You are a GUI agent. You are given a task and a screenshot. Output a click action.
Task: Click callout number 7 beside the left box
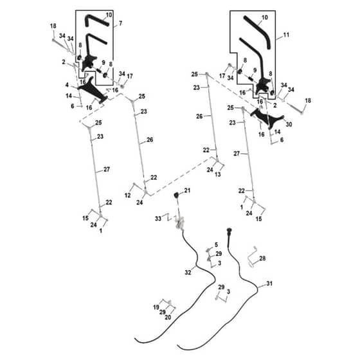coord(120,23)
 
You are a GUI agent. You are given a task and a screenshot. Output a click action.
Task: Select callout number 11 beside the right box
coord(286,35)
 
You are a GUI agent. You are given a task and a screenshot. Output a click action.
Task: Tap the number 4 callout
coord(67,85)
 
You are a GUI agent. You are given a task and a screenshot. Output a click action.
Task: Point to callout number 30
coord(289,124)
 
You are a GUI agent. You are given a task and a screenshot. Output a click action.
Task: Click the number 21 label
coord(187,190)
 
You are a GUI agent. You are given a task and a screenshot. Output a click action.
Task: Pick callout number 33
coord(158,219)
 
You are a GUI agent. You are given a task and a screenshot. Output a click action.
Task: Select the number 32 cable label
coord(188,273)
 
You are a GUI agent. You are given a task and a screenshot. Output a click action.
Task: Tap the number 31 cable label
coord(269,283)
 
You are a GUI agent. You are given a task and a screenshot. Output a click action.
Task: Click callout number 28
coord(262,258)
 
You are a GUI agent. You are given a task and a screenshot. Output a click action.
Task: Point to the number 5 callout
coord(216,245)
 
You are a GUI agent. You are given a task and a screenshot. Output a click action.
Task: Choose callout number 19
coord(156,307)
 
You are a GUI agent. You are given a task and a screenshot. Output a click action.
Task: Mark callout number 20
coord(168,318)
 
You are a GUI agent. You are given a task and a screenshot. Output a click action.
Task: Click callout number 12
coord(128,195)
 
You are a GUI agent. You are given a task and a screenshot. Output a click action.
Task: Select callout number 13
coord(218,174)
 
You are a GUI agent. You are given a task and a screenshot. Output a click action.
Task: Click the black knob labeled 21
coord(176,195)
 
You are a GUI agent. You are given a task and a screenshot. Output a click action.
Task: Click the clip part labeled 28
coord(252,257)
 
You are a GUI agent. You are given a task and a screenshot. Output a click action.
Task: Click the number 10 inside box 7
coord(109,15)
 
